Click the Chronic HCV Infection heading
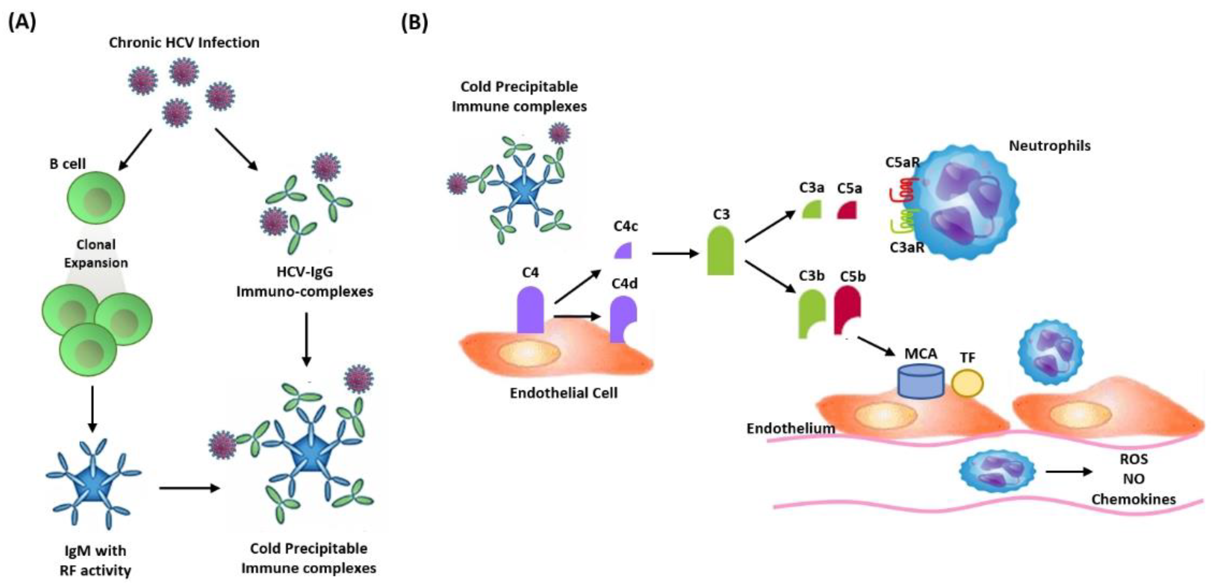(x=184, y=43)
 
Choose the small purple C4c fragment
(x=623, y=250)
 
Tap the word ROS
(x=1134, y=459)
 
